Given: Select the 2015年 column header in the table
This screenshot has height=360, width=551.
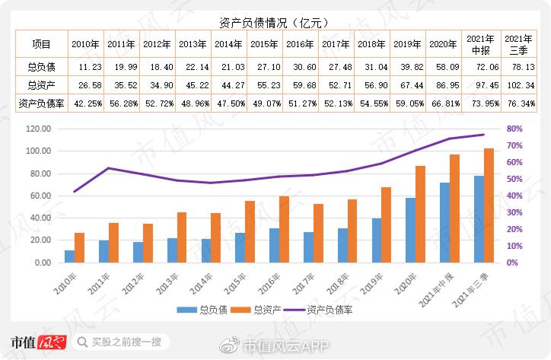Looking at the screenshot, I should click(264, 44).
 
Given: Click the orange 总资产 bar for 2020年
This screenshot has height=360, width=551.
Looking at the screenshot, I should click(420, 214).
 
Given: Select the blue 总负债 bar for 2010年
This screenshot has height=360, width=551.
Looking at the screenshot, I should click(70, 256).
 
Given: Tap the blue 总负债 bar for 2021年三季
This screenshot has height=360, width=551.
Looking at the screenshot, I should click(479, 218).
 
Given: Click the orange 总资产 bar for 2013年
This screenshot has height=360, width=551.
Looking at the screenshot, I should click(182, 237).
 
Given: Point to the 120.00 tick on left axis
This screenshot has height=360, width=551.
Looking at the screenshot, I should click(37, 129).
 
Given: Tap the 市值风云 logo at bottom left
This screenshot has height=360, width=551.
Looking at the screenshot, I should click(38, 342).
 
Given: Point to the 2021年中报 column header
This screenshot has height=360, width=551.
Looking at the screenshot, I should click(479, 44).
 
